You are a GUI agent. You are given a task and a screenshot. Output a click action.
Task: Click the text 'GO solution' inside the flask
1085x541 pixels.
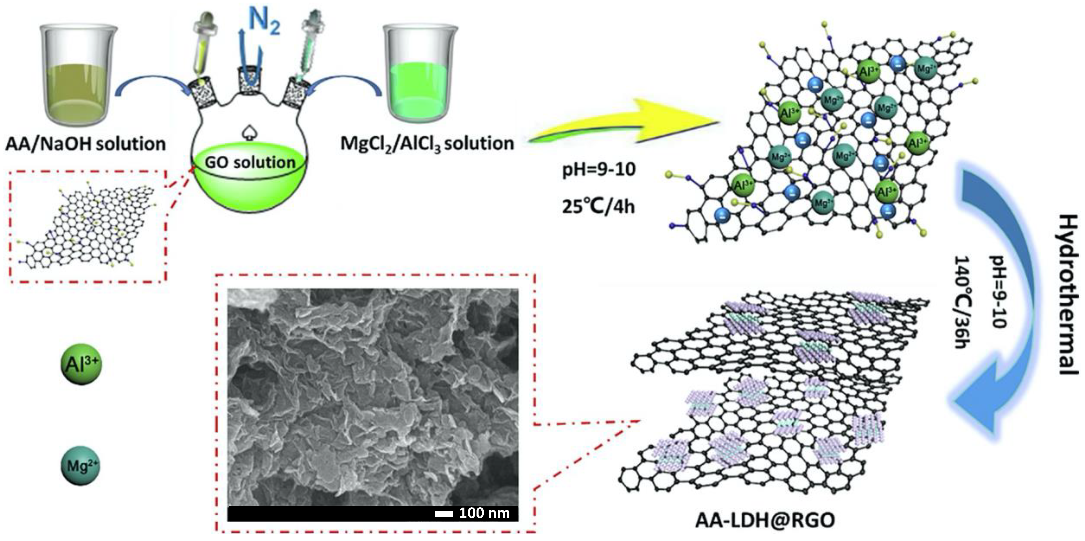pos(250,162)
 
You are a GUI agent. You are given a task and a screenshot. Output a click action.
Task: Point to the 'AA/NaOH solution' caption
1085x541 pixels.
pos(86,144)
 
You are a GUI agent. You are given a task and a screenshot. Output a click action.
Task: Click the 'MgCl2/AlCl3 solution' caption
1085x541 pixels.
pos(427,144)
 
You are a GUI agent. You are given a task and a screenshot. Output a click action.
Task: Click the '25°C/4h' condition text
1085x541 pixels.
pos(598,207)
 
